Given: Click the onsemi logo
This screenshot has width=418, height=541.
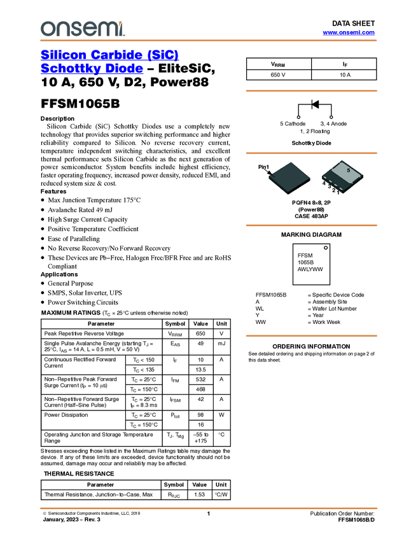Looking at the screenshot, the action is coord(83,29).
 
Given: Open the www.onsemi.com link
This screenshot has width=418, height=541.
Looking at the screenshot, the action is coord(349,32).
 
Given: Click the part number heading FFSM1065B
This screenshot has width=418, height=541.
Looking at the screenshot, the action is coord(80,104).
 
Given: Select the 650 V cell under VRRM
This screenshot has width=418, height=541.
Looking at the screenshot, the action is coord(278,75).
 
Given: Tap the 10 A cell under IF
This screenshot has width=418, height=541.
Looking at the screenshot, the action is coord(345,75).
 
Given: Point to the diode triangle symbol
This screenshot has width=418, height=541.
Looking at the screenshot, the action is coord(315,104).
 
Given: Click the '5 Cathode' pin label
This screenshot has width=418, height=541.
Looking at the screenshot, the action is coord(293,123).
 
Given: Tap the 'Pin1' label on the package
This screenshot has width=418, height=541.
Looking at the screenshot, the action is coord(263,167).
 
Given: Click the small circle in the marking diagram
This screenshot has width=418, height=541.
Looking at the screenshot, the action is coord(326,248).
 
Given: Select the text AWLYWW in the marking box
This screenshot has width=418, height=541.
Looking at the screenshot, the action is coord(310,269).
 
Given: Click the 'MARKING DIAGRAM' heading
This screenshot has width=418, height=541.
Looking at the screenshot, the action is coord(311,235).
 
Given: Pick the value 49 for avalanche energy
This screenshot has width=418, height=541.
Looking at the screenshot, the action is coord(200,344).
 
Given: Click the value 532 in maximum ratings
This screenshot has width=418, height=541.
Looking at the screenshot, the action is coord(200,379).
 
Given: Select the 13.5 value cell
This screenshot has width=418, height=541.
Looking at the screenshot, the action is coord(200,370).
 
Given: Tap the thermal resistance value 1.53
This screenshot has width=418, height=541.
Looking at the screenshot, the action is coord(199,495).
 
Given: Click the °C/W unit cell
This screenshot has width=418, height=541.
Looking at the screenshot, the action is coord(221,495).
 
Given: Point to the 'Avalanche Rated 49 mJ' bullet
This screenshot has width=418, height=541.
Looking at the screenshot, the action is coord(80,210).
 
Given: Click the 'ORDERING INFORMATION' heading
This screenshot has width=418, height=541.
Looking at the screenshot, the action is coord(311,346).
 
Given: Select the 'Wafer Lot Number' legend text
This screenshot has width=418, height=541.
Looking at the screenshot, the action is coord(334,309).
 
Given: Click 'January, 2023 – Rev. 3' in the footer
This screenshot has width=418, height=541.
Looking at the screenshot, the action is coord(72,519).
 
